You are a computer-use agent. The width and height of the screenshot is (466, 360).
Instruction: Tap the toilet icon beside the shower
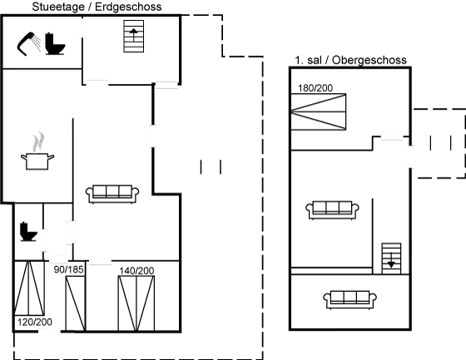(55, 44)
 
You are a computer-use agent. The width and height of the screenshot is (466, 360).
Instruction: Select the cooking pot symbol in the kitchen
(37, 151)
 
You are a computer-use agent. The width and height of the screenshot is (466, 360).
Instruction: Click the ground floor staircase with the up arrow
(134, 37)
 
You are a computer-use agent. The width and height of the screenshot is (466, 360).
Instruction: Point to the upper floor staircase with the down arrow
(391, 259)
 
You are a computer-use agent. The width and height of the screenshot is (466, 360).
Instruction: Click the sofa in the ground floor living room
(112, 194)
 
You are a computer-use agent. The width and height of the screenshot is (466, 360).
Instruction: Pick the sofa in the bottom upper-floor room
(349, 299)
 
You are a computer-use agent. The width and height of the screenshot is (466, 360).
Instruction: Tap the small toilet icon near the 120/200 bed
(28, 231)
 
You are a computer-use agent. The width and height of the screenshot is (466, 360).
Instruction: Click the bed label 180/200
(315, 88)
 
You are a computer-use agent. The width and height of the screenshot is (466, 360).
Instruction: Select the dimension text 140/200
(136, 270)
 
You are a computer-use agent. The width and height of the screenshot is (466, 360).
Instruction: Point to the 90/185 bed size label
(68, 269)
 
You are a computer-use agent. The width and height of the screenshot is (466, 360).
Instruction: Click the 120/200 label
(35, 322)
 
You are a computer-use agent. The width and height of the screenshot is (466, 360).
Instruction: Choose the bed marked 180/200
(318, 111)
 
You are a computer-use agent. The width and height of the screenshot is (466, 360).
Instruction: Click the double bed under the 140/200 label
(136, 303)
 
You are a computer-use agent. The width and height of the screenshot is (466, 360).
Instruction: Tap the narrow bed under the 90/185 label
(76, 303)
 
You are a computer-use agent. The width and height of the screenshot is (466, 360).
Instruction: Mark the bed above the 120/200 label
(29, 288)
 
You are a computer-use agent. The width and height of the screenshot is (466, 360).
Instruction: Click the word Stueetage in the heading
(58, 7)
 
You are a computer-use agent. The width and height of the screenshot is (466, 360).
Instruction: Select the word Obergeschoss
(369, 60)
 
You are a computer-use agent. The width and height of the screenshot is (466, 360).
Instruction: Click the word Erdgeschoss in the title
(128, 7)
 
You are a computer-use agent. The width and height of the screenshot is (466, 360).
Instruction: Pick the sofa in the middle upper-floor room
(332, 210)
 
